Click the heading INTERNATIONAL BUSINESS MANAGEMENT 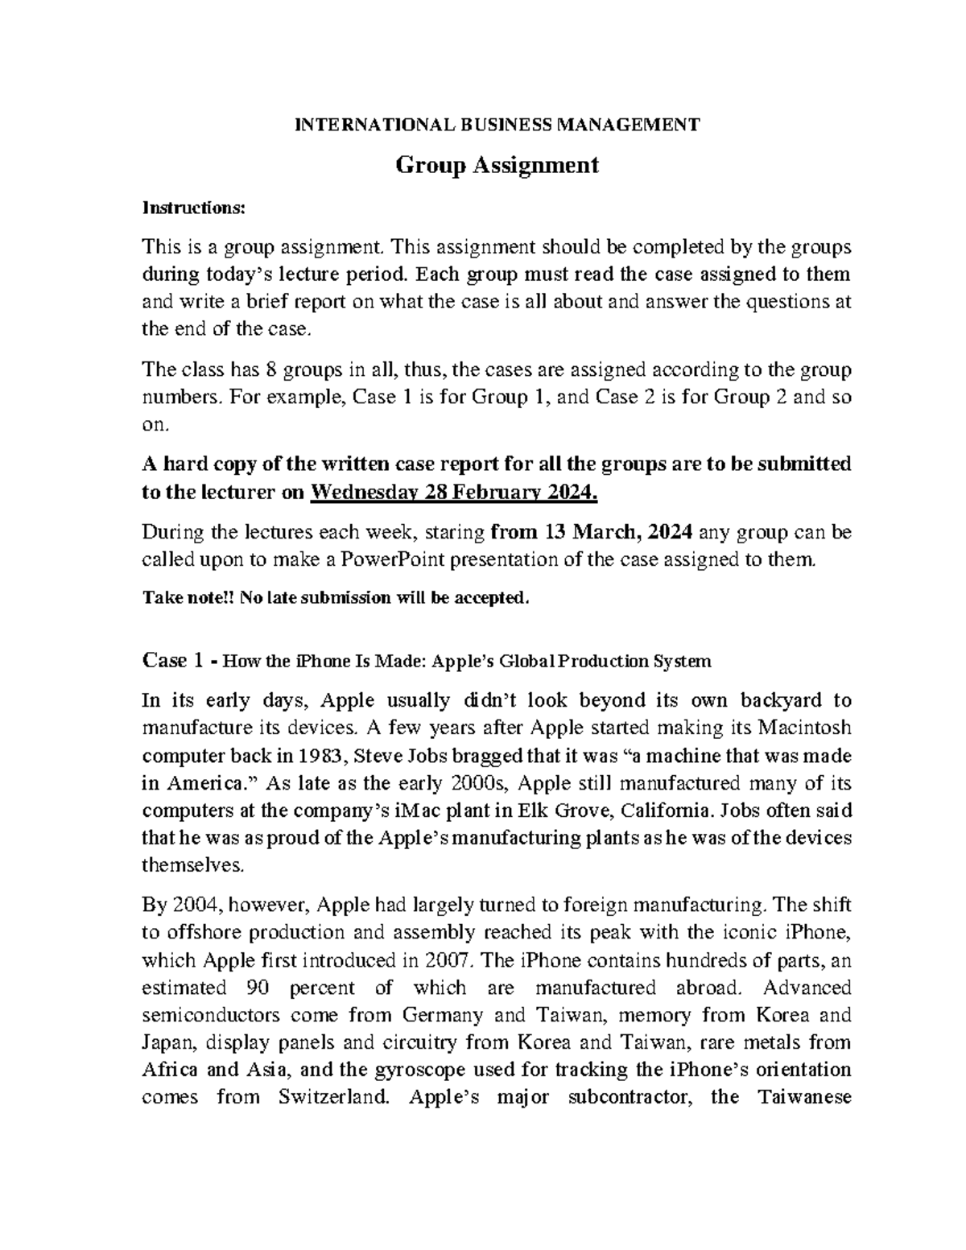pos(497,125)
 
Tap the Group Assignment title pos(497,165)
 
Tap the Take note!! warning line pos(336,598)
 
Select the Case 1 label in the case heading pos(171,662)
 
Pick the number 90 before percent pos(252,988)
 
